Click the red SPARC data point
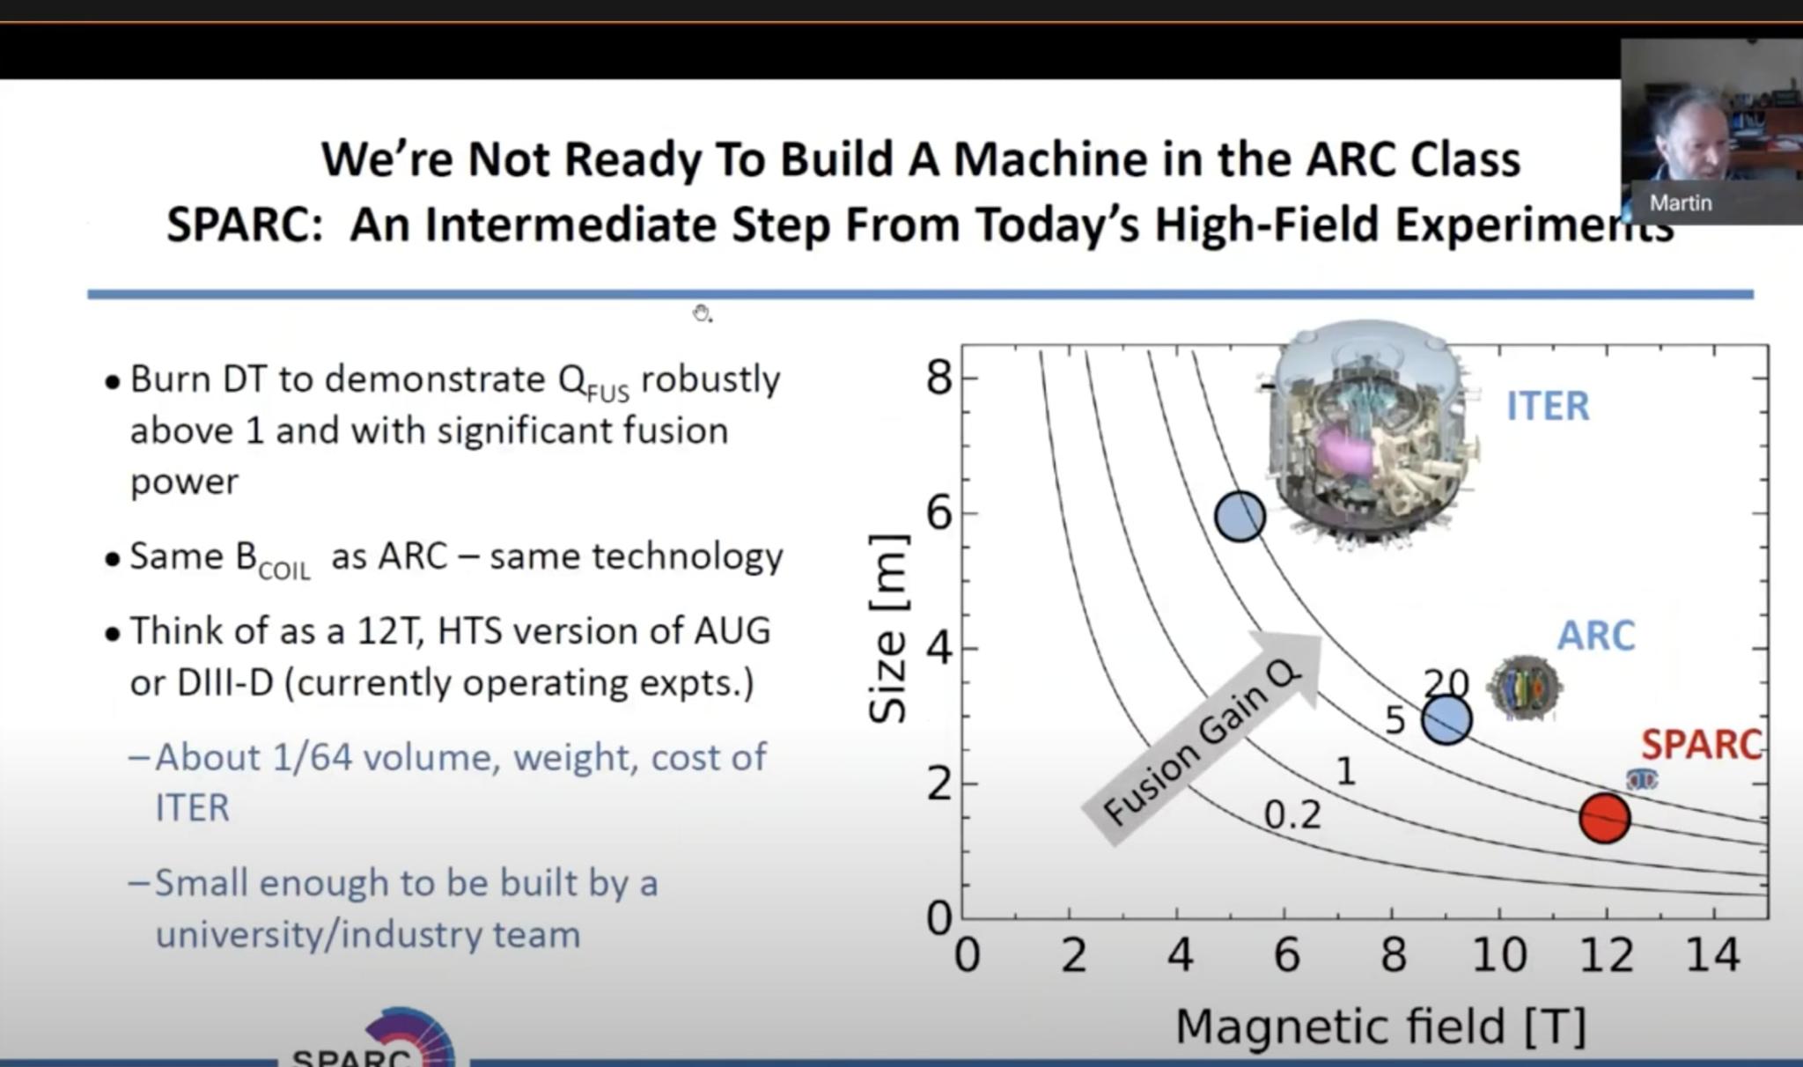point(1604,818)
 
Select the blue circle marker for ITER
point(1240,517)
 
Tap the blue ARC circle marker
point(1446,720)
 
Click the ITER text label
point(1548,407)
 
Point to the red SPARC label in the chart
point(1701,745)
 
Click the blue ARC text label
point(1595,636)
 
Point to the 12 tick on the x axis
point(1606,955)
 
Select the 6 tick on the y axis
point(939,513)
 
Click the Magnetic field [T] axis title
point(1380,1027)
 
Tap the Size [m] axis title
point(887,629)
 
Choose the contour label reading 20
point(1446,683)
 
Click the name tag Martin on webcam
point(1680,203)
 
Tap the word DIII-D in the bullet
point(225,683)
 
